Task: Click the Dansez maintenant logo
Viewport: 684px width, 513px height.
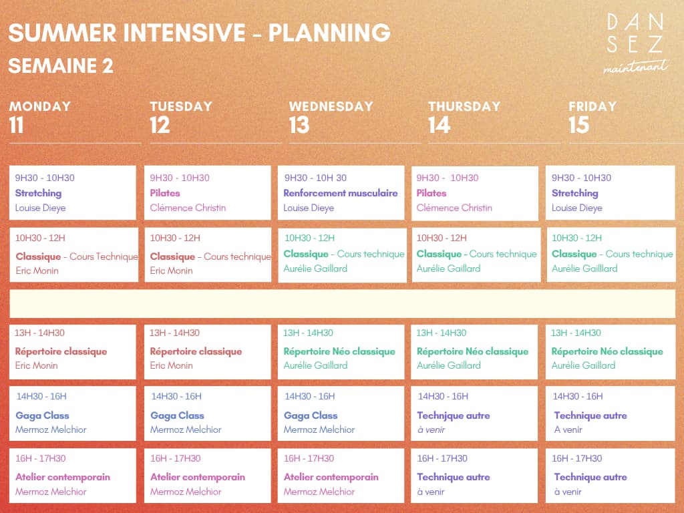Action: pyautogui.click(x=636, y=43)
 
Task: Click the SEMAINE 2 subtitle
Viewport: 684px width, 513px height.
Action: pyautogui.click(x=61, y=66)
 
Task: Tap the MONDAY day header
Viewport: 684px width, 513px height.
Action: pyautogui.click(x=39, y=106)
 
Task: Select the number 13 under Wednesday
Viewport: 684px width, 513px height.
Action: pyautogui.click(x=299, y=125)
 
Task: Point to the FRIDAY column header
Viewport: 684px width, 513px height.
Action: pyautogui.click(x=592, y=106)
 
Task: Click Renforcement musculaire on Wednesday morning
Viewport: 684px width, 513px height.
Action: pyautogui.click(x=340, y=193)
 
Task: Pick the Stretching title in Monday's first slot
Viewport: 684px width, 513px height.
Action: pyautogui.click(x=38, y=193)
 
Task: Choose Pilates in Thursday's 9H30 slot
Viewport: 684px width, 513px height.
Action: pyautogui.click(x=431, y=193)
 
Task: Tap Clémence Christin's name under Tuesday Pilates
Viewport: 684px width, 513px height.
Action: pyautogui.click(x=188, y=208)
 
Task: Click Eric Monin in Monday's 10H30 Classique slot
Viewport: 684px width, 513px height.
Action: pyautogui.click(x=37, y=271)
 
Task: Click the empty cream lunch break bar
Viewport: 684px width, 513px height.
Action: pyautogui.click(x=343, y=304)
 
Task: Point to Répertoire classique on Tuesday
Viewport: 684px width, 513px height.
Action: pyautogui.click(x=196, y=351)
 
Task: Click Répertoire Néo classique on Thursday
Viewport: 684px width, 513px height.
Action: pyautogui.click(x=472, y=351)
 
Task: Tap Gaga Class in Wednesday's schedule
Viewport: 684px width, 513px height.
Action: pyautogui.click(x=311, y=415)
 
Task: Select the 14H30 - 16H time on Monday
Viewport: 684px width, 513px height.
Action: pyautogui.click(x=41, y=396)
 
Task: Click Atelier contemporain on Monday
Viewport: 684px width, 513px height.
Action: pyautogui.click(x=63, y=477)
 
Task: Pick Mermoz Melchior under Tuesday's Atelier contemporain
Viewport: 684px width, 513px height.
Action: pyautogui.click(x=186, y=492)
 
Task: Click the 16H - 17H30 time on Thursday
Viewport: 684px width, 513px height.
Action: pyautogui.click(x=442, y=458)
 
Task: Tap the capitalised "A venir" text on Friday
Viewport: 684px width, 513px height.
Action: pyautogui.click(x=568, y=430)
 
